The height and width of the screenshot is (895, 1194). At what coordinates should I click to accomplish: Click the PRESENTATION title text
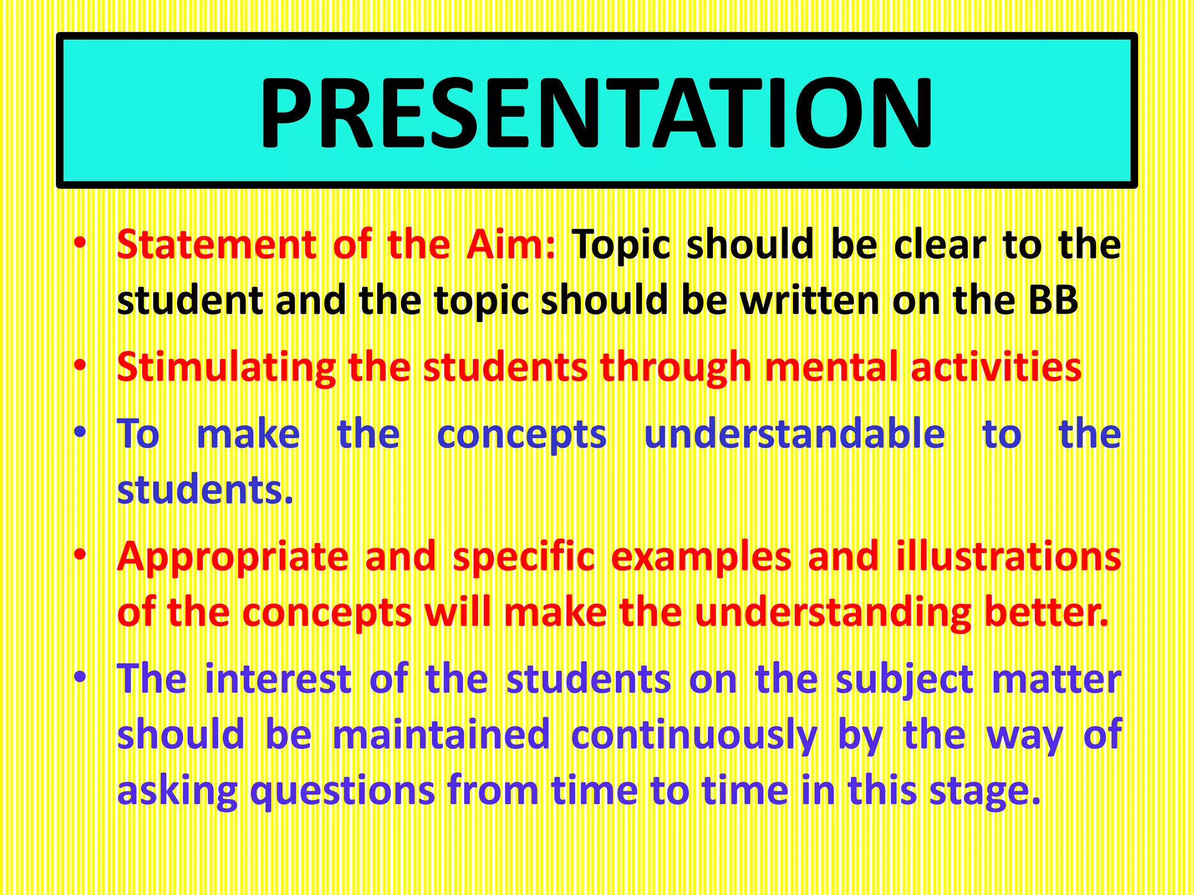(x=596, y=112)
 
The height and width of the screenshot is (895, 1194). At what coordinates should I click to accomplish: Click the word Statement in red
(x=216, y=245)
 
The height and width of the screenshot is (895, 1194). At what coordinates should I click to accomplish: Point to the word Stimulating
(x=226, y=368)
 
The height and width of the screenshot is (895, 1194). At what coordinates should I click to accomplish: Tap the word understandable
(x=794, y=435)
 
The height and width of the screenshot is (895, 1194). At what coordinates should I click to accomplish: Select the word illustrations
(x=1008, y=556)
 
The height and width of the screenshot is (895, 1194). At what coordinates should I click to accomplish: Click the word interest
(x=278, y=679)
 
